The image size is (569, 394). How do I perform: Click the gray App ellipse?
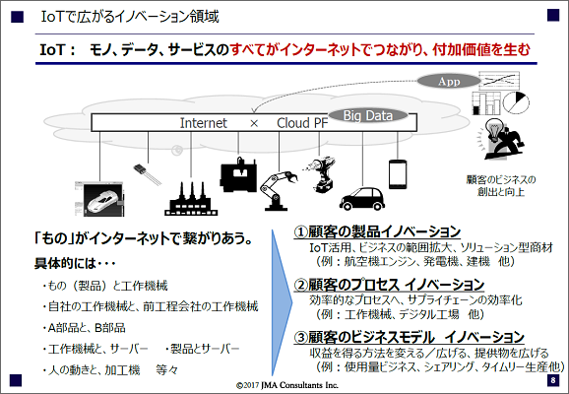[x=449, y=81]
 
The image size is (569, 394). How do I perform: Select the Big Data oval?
[x=368, y=116]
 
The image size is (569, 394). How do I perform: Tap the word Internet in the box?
[x=203, y=123]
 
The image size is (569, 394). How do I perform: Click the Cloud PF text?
[x=302, y=123]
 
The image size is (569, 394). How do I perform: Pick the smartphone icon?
[x=398, y=174]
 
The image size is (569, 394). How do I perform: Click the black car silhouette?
[x=362, y=199]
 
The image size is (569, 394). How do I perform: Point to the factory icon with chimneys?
[x=191, y=199]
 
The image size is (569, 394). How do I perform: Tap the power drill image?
[x=320, y=175]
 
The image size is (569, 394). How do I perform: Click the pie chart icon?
[x=516, y=102]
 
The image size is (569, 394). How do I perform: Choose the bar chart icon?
[x=486, y=103]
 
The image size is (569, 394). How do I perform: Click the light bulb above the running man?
[x=493, y=129]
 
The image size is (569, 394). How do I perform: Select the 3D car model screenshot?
[x=99, y=199]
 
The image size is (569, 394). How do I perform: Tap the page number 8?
[x=553, y=380]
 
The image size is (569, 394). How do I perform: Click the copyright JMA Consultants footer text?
[x=287, y=385]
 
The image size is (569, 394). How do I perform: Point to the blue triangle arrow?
[x=282, y=302]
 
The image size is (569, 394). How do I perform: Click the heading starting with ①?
[x=377, y=231]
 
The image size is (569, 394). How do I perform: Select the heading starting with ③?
[x=410, y=337]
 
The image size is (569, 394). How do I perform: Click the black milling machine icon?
[x=238, y=174]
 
